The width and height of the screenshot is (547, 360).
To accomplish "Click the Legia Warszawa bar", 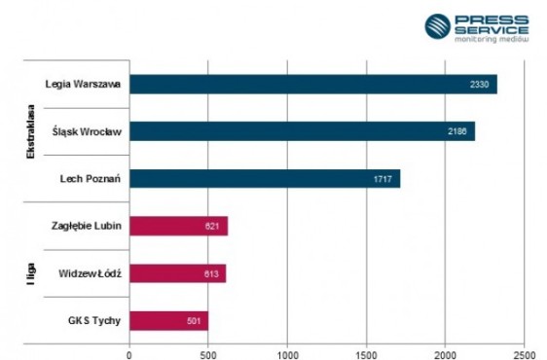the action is click(313, 84).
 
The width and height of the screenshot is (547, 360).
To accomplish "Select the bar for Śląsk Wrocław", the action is click(302, 131).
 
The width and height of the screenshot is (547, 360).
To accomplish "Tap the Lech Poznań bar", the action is click(265, 179).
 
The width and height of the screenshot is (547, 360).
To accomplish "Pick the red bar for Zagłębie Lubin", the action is click(179, 226).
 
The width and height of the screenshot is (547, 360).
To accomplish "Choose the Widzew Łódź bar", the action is click(178, 273).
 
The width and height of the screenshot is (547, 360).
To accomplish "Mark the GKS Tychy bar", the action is click(168, 320).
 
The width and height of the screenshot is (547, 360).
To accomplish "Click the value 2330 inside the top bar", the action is click(479, 85).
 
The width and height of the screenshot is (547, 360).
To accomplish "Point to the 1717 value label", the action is click(383, 179).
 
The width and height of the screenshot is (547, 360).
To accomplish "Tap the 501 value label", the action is click(194, 321).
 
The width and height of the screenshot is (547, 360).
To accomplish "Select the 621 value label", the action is click(212, 226).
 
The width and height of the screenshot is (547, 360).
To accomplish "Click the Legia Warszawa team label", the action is click(83, 84).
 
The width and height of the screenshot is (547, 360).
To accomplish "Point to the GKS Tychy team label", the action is click(94, 320).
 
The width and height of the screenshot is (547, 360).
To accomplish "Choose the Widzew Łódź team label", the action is click(90, 273).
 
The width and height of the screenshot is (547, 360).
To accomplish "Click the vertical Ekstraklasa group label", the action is click(31, 132).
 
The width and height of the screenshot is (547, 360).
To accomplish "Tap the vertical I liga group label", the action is click(31, 274).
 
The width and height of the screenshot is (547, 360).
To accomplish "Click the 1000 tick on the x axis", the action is click(288, 355).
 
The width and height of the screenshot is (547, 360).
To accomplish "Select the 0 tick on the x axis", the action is click(129, 355).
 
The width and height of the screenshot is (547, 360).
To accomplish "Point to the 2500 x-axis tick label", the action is click(525, 354).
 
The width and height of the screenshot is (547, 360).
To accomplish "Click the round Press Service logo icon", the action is click(437, 26).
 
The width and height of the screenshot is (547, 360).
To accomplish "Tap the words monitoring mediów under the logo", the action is click(492, 39).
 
